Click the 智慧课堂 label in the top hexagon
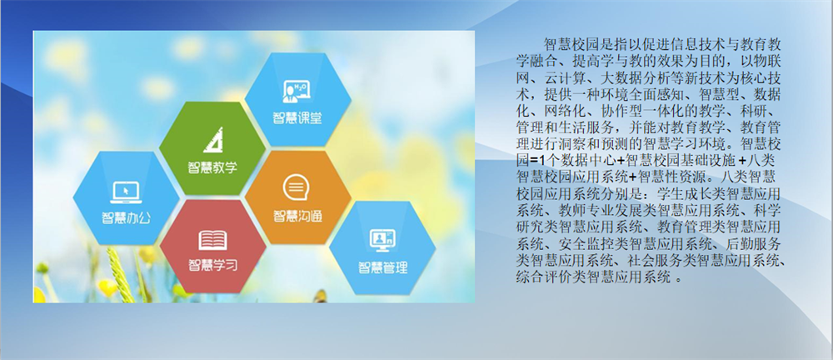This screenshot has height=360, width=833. coord(297,117)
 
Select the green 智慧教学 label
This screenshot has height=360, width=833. coord(212,167)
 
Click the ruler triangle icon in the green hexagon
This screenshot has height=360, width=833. coord(212,140)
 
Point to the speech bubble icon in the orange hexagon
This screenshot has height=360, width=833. coord(297,187)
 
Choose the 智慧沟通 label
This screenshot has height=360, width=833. coord(297,217)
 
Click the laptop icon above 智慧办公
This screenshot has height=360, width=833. coord(126,192)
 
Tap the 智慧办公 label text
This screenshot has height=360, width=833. coord(126,218)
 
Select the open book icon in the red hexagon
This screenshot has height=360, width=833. coord(213,240)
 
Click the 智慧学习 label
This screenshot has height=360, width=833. coord(213,264)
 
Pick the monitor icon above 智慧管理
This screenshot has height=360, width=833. coord(382,240)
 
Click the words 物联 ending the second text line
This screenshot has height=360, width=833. coord(768,56)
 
